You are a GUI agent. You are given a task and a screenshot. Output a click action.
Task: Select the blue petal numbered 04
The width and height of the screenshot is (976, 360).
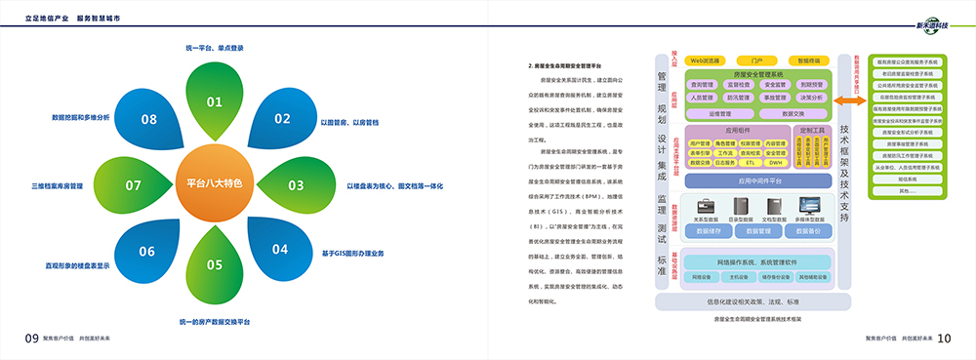277,244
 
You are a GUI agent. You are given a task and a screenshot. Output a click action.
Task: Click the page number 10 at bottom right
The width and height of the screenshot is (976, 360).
944,338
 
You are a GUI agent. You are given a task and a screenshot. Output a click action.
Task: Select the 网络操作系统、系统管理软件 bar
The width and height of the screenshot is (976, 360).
757,262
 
